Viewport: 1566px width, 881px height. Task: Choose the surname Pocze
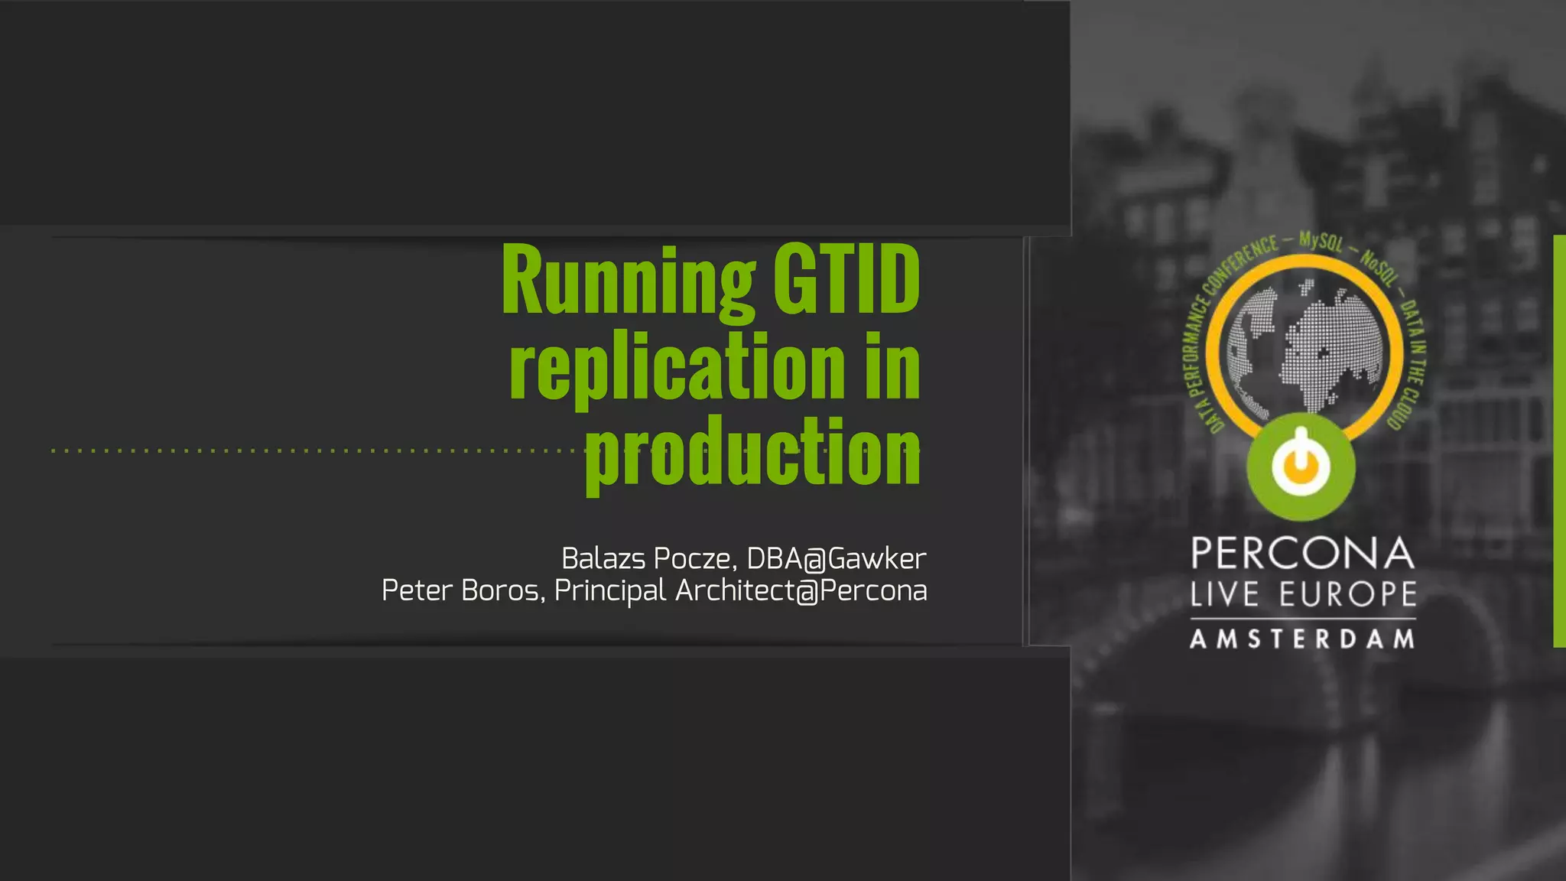pos(695,559)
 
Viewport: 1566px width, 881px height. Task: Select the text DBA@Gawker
pos(836,559)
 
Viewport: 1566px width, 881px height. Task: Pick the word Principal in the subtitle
pos(610,591)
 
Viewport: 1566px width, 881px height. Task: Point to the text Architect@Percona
pos(801,590)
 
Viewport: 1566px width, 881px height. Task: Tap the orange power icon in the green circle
pos(1301,465)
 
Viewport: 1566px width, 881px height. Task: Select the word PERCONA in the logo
pos(1302,554)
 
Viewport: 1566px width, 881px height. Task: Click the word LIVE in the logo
pos(1224,594)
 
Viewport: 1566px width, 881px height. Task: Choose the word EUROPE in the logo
pos(1348,594)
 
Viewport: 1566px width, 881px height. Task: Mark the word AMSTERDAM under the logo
pos(1302,639)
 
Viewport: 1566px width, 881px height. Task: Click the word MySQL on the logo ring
pos(1321,241)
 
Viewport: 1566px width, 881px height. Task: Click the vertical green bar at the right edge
pos(1559,440)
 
